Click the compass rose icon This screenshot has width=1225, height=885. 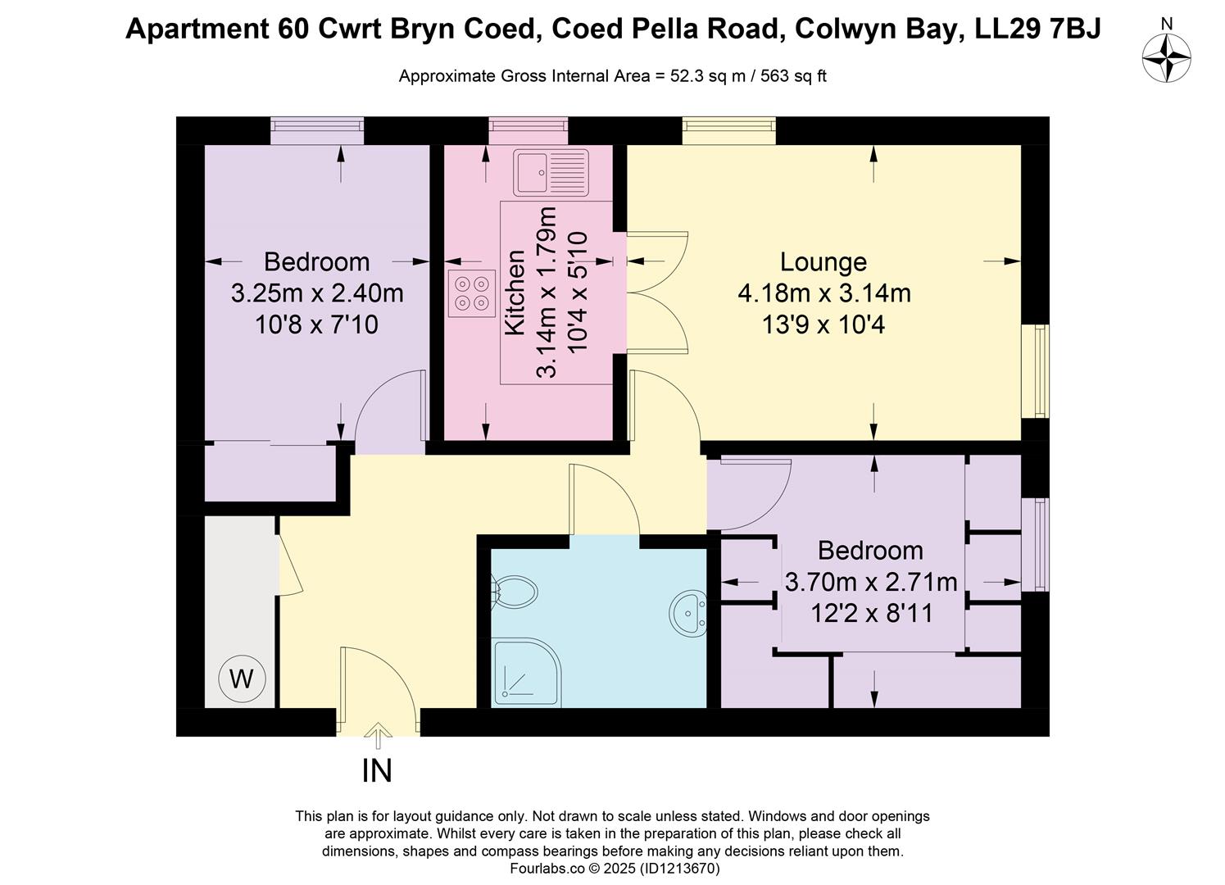1166,57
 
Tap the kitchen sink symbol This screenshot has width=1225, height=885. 551,172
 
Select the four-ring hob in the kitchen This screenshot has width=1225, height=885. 472,293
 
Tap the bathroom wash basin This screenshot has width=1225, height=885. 688,612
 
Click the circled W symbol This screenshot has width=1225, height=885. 242,678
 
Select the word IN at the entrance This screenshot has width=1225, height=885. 377,771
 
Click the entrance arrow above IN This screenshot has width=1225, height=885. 378,735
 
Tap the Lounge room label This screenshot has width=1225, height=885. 823,262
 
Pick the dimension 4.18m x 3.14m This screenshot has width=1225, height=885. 823,293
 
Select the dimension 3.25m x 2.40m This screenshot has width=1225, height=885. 317,293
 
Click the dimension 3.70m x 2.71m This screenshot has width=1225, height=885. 870,582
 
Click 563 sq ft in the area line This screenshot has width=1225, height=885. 793,76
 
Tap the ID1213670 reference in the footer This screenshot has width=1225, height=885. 679,868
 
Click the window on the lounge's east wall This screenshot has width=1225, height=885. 1041,370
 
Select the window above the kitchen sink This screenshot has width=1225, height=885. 528,125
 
